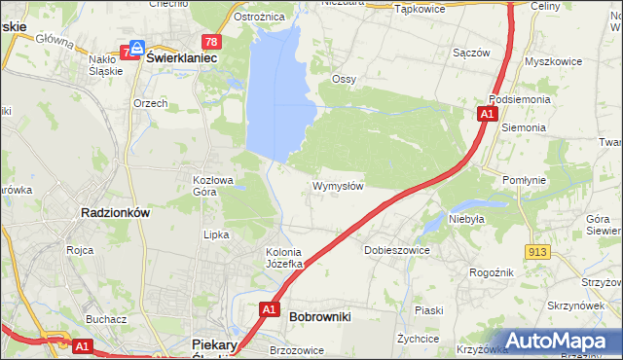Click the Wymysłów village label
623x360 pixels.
click(x=338, y=186)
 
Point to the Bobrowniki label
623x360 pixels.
click(x=320, y=316)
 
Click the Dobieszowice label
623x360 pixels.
click(x=397, y=250)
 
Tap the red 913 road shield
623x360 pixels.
click(x=538, y=251)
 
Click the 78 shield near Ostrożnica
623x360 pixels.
click(x=211, y=41)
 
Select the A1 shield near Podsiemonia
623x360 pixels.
click(x=486, y=115)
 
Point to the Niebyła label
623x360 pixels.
click(x=466, y=220)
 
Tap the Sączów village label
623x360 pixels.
click(x=471, y=53)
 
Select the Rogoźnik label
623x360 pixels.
click(x=491, y=273)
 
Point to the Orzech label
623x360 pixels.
click(x=151, y=103)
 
